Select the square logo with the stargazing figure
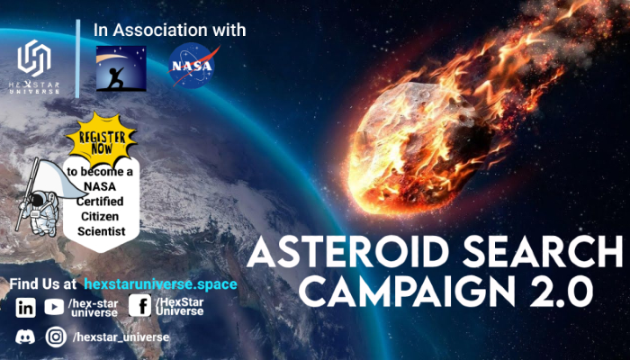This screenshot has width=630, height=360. [121, 68]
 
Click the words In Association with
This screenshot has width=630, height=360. [169, 30]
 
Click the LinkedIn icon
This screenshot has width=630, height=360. [26, 307]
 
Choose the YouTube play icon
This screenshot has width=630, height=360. [54, 307]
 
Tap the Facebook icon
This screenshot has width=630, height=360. [139, 306]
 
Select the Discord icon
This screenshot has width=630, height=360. [25, 337]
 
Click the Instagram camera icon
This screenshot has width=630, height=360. [56, 337]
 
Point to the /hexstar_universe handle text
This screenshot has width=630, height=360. [121, 337]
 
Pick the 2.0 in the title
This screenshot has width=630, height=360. [563, 290]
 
